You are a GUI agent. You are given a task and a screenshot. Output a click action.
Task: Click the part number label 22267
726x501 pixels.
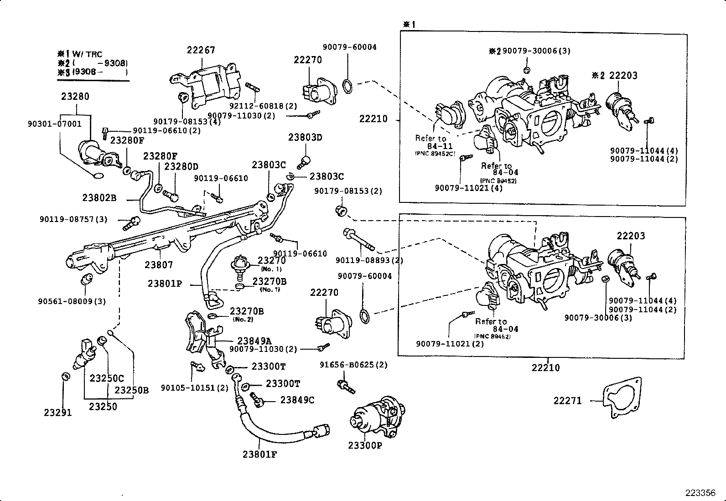click(201, 51)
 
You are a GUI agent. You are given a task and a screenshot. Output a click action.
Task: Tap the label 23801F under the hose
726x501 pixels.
click(259, 454)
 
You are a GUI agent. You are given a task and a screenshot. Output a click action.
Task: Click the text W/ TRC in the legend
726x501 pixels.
click(90, 54)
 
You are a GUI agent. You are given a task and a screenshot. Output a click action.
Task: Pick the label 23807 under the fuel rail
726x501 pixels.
click(159, 264)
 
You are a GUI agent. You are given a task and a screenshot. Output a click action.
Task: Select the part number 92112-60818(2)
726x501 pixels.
click(263, 106)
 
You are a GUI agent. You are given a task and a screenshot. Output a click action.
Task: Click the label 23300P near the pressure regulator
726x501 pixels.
click(365, 445)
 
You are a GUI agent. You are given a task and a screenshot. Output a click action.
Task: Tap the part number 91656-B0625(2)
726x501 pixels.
click(353, 365)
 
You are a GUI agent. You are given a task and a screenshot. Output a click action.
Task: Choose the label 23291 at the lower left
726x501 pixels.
click(58, 413)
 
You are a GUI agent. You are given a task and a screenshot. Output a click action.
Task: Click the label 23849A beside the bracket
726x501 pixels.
click(254, 341)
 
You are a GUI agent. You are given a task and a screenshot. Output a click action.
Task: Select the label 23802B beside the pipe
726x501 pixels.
click(99, 198)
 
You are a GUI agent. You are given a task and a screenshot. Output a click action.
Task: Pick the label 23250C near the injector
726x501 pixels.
click(107, 378)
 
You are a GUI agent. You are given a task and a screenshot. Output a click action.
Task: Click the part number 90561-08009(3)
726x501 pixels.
click(72, 301)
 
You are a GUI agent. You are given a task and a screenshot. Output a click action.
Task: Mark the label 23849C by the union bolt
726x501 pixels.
click(297, 400)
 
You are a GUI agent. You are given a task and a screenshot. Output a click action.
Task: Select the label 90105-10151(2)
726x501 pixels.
click(194, 387)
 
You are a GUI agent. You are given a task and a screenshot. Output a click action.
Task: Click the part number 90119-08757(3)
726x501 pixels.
click(73, 219)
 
